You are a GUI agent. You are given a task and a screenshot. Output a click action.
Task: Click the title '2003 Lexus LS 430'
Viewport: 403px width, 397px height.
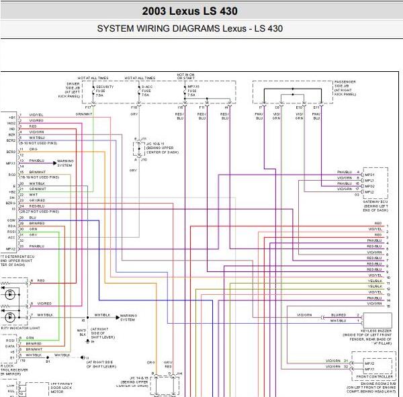[x=189, y=11]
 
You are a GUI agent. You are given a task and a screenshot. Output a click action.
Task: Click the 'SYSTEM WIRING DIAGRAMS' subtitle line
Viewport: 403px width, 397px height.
[x=189, y=29]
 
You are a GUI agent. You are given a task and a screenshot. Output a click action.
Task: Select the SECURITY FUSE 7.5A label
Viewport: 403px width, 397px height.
[x=103, y=91]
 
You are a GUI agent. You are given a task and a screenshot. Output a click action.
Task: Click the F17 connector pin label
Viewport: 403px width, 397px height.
[x=88, y=107]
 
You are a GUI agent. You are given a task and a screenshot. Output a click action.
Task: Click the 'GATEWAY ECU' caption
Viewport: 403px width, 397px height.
[x=374, y=202]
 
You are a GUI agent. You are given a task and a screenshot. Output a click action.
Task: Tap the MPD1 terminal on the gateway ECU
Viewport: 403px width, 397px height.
[x=369, y=174]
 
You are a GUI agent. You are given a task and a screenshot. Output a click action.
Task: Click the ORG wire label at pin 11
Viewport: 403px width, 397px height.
[x=32, y=148]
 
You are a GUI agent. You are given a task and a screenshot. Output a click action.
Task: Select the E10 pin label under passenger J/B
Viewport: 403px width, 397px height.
[x=299, y=107]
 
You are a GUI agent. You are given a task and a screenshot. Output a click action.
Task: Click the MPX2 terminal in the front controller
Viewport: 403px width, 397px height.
[x=369, y=362]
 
